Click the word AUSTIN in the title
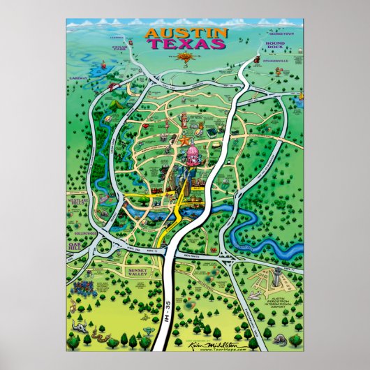pyautogui.click(x=185, y=33)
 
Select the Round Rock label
pyautogui.click(x=274, y=46)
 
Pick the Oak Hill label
pyautogui.click(x=75, y=246)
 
